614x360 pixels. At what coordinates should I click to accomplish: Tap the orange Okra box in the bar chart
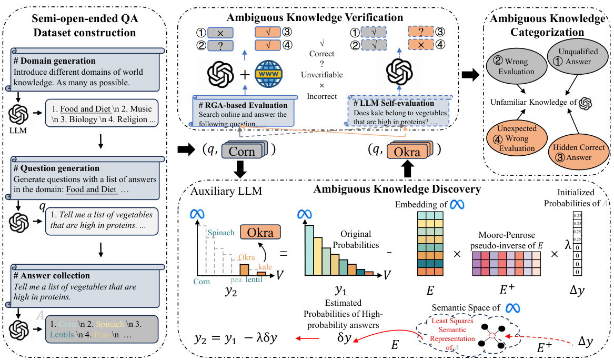(259, 232)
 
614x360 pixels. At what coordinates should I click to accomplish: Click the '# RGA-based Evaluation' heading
(243, 105)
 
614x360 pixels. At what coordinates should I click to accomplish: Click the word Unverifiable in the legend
(322, 75)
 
